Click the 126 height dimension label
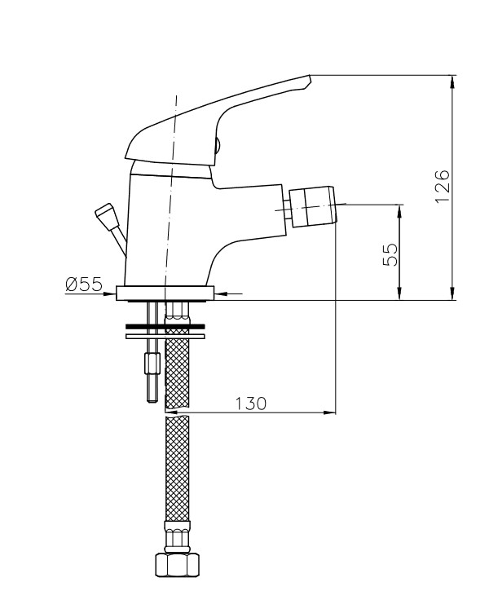443,187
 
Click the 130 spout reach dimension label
250,404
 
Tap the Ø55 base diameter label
84,284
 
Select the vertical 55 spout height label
390,255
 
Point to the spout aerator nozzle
311,206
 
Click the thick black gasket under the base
165,325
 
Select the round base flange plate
165,293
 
